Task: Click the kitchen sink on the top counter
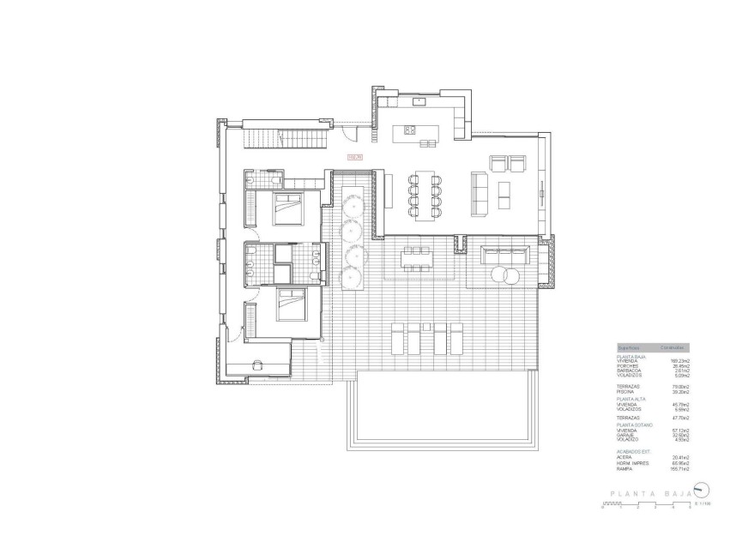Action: [419, 101]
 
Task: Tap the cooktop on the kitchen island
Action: [409, 130]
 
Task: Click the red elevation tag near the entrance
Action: [355, 157]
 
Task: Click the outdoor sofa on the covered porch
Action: [504, 255]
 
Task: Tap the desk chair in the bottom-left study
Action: [257, 364]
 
